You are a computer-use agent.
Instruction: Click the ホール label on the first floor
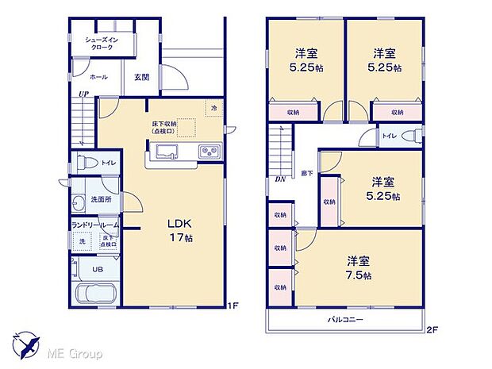[x=98, y=77]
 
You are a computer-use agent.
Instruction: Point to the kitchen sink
[x=167, y=152]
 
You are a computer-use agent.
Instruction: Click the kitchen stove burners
[x=209, y=152]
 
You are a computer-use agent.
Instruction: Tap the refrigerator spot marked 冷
[x=213, y=109]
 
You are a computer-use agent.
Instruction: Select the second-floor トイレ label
[x=389, y=136]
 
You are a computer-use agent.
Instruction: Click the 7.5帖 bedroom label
[x=358, y=267]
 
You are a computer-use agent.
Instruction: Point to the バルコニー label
[x=345, y=320]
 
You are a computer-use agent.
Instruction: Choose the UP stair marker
[x=82, y=94]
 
